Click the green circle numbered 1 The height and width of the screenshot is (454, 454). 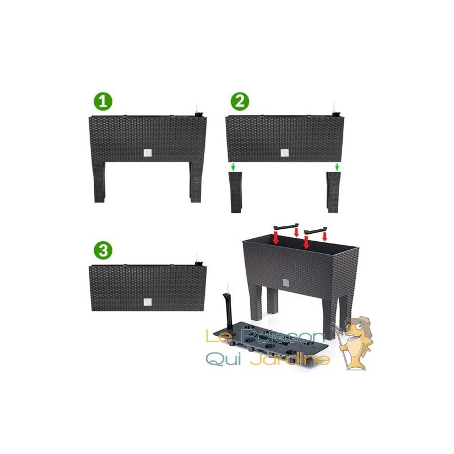103,102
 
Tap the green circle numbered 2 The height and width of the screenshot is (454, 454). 239,102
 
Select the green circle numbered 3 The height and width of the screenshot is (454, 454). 103,250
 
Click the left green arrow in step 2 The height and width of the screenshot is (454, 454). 233,167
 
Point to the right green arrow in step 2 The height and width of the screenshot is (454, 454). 337,167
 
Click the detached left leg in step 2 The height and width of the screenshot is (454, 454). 236,192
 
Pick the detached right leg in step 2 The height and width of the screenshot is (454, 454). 334,192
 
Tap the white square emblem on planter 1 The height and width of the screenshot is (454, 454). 148,153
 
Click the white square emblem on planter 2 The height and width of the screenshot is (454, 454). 284,153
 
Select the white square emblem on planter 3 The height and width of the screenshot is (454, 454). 148,302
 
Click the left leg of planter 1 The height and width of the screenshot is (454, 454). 99,182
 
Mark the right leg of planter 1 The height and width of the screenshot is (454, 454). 196,182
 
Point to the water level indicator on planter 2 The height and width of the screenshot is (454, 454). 335,110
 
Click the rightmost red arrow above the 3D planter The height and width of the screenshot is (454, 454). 325,235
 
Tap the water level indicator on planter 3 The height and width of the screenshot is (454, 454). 198,259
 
